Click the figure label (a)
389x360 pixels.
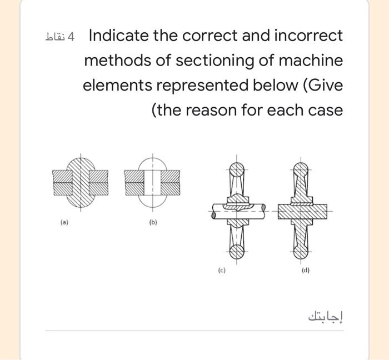click(64, 222)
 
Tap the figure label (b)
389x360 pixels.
click(153, 222)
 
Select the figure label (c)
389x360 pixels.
click(222, 270)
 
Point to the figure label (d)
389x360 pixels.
click(306, 270)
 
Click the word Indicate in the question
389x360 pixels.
click(119, 35)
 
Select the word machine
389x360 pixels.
click(311, 60)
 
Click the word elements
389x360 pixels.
click(117, 86)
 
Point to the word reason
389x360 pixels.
click(212, 111)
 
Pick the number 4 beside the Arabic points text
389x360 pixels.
click(71, 37)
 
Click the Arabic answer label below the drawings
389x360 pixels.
click(326, 317)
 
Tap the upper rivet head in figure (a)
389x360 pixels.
click(81, 164)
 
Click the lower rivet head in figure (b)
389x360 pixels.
click(153, 201)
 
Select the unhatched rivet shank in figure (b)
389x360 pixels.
click(153, 183)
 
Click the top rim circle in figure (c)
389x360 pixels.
click(237, 169)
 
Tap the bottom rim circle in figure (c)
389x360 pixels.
click(237, 252)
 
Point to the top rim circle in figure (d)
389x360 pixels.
click(301, 169)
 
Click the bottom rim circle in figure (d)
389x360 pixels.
click(301, 252)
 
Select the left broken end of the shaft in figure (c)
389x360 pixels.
click(213, 215)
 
